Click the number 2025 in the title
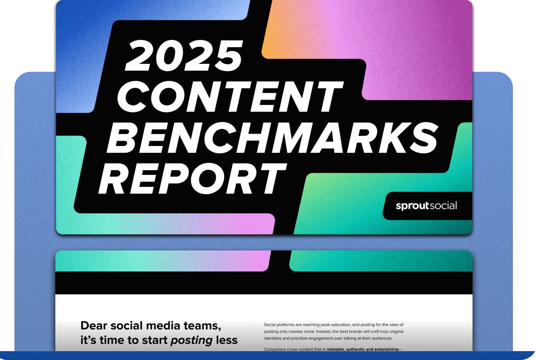[x=183, y=55]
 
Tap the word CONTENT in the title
[x=230, y=97]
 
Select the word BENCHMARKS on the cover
[x=273, y=138]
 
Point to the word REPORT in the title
[x=193, y=179]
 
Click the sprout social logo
[x=426, y=206]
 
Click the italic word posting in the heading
[x=191, y=340]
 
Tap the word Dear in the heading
[x=94, y=326]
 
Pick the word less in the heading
[x=227, y=340]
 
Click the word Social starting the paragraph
[x=270, y=325]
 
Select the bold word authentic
[x=355, y=349]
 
